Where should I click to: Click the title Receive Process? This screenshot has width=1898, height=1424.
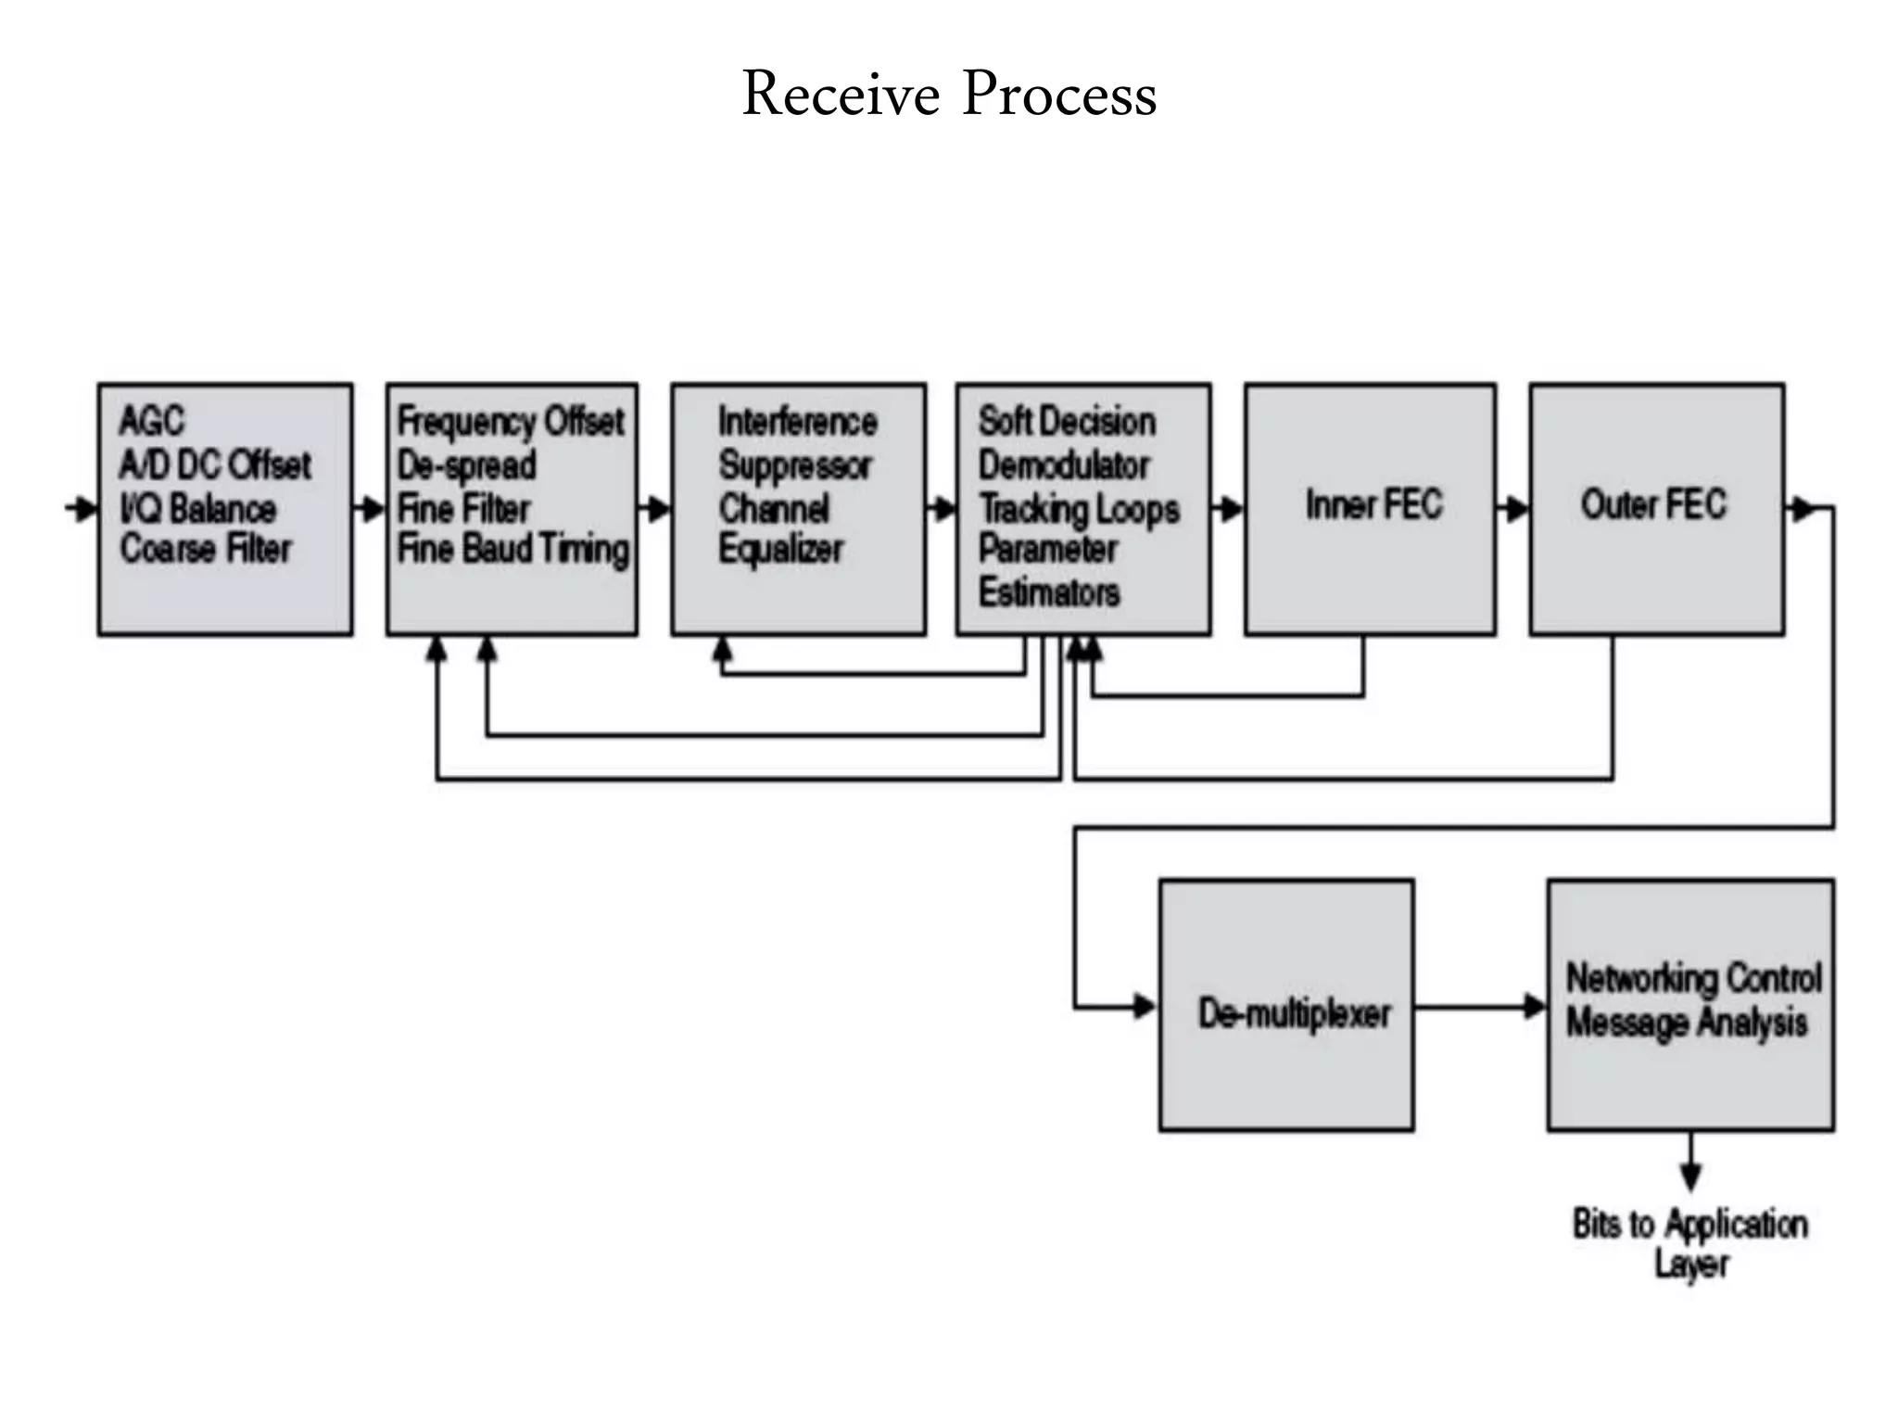[x=949, y=94]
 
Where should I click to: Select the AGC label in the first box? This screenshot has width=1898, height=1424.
[x=151, y=421]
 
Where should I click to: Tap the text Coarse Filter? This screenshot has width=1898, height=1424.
[x=206, y=549]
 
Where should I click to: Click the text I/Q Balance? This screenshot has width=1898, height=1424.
[x=197, y=508]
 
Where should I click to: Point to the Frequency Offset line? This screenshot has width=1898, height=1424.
[x=511, y=421]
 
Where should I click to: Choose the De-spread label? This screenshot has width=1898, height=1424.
[x=467, y=464]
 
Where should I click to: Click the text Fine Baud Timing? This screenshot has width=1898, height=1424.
[x=512, y=549]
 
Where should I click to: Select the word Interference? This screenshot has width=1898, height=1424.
[x=797, y=422]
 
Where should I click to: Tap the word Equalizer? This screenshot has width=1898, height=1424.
[x=780, y=549]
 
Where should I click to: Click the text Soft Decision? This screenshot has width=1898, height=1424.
[x=1067, y=421]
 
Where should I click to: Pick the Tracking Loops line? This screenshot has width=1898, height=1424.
[x=1079, y=508]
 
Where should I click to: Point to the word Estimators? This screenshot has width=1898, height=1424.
[x=1048, y=591]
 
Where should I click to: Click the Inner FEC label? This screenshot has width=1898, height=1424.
[x=1373, y=504]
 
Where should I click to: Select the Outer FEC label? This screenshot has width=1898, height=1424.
[x=1653, y=504]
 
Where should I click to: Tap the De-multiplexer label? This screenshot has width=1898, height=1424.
[x=1294, y=1012]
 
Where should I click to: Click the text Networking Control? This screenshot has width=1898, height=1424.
[x=1693, y=978]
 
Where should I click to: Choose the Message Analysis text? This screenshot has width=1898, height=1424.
[x=1687, y=1023]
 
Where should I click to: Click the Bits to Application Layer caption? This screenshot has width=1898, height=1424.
[x=1690, y=1242]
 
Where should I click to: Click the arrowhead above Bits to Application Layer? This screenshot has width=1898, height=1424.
[x=1690, y=1176]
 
